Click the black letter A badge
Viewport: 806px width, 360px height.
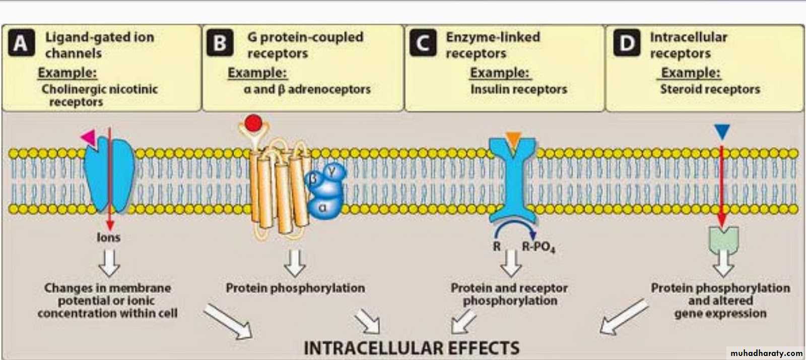tap(21, 43)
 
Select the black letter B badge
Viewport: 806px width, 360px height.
tap(220, 43)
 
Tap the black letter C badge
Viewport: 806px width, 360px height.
tap(423, 43)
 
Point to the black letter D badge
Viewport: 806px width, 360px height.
tap(626, 43)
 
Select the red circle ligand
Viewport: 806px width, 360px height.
tap(253, 123)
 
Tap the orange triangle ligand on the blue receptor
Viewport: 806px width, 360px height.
tap(513, 139)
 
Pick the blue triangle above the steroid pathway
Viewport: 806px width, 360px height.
tap(722, 132)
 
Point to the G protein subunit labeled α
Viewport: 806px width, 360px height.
tap(322, 207)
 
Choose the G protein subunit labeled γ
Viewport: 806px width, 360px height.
tap(332, 172)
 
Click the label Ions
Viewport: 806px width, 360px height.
tap(108, 237)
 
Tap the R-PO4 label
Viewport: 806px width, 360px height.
tap(538, 247)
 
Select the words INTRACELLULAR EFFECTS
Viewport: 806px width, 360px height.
tap(411, 348)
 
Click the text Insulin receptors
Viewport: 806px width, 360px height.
tap(518, 90)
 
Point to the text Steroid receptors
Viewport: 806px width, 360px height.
tap(710, 90)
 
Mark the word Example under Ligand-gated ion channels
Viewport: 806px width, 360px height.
tap(67, 73)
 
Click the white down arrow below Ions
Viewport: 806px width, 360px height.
tap(109, 262)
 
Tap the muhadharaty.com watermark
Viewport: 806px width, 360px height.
tap(766, 353)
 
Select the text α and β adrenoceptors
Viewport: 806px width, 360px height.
tap(307, 90)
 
